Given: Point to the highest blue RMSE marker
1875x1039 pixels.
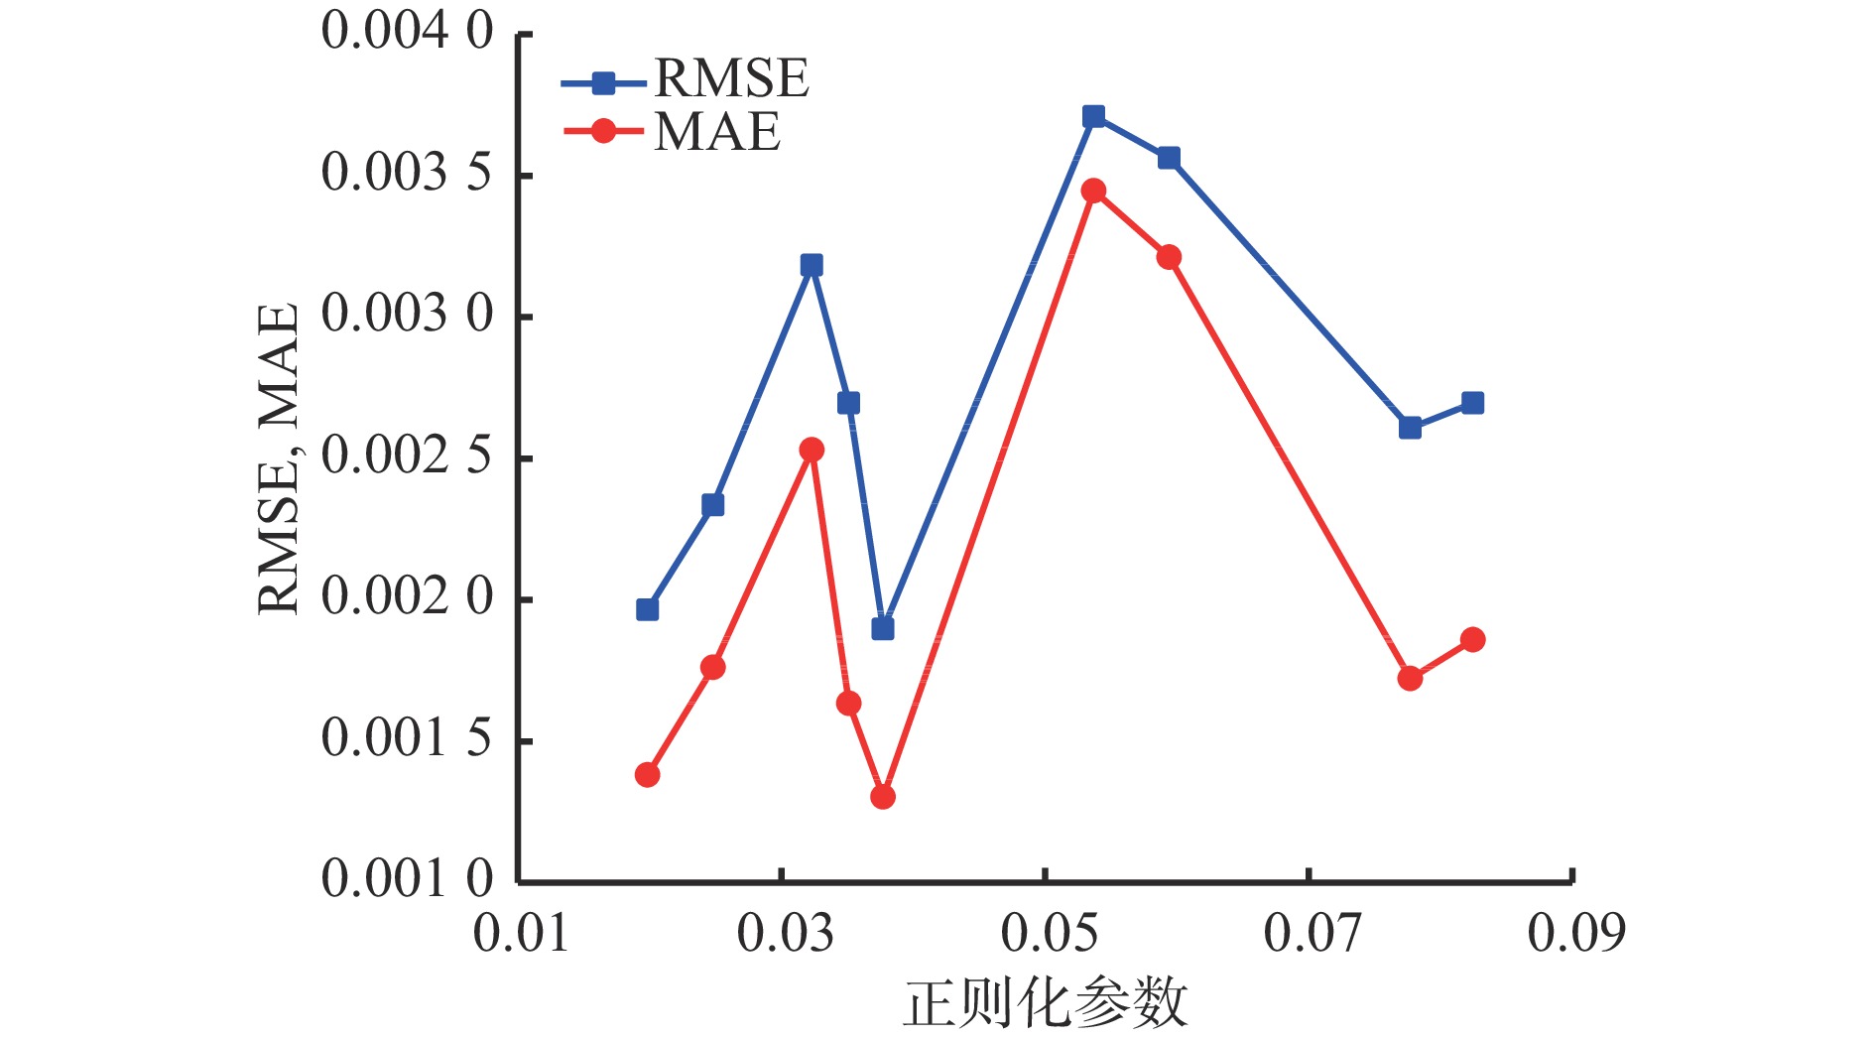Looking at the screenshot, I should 1093,117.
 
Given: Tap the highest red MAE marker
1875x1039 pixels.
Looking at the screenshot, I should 1093,191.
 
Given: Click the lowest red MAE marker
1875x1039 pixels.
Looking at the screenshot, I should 883,796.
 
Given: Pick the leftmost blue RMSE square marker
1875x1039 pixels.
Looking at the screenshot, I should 647,609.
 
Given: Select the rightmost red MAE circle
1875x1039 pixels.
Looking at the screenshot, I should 1472,639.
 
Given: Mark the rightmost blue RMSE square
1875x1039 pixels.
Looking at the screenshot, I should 1472,403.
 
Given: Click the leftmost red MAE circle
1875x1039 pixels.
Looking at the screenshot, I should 647,774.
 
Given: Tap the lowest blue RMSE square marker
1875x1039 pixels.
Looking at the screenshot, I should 883,628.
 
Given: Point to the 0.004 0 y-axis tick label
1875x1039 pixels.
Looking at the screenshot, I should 407,32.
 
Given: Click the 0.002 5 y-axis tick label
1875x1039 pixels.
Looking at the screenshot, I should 407,456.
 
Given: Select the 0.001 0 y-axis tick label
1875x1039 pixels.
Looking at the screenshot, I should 407,878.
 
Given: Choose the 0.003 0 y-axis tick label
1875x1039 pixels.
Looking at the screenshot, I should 407,315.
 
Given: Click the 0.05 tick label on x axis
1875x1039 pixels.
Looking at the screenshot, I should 1048,934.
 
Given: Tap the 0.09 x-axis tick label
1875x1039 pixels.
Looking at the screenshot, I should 1575,934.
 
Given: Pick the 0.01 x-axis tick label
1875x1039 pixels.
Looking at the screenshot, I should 521,934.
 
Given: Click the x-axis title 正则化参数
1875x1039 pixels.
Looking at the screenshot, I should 1045,1002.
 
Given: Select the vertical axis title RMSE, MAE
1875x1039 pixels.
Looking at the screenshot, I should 279,458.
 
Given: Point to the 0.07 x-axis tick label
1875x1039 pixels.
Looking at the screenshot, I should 1312,934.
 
